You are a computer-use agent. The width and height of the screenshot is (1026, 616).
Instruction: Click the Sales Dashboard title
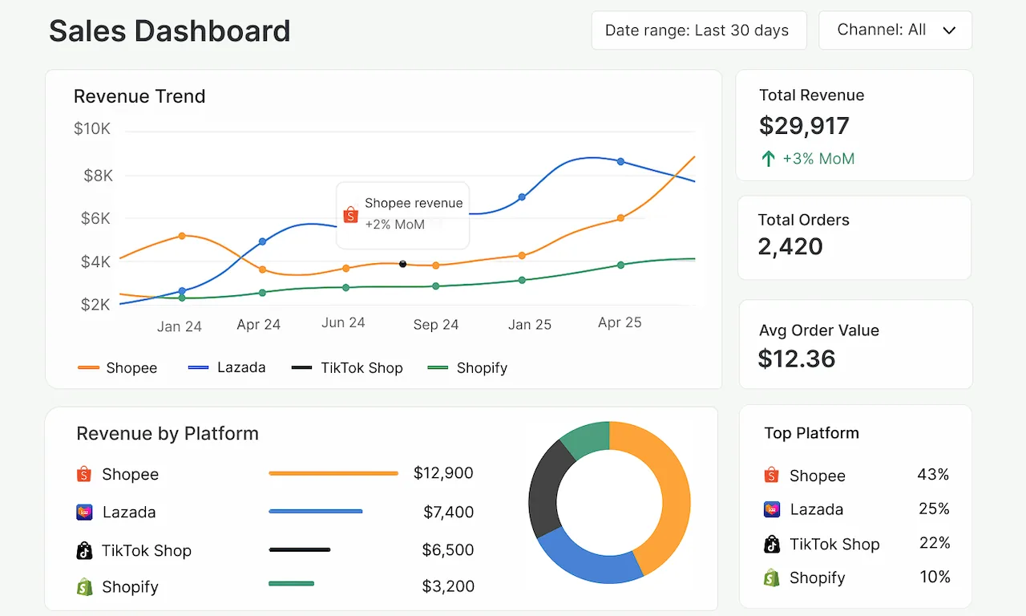click(x=169, y=31)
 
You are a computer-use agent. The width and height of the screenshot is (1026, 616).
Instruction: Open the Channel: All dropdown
click(x=895, y=30)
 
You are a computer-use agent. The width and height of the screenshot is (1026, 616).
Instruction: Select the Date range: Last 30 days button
click(x=697, y=30)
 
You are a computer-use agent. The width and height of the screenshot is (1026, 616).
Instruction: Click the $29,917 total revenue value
click(x=804, y=126)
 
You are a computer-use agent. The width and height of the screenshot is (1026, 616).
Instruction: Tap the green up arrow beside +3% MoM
click(x=768, y=159)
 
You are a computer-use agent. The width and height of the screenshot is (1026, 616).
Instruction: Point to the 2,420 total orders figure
click(x=790, y=246)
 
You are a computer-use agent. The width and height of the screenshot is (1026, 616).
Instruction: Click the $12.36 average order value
click(x=797, y=359)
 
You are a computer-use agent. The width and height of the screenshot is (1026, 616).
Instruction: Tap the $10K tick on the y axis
click(x=92, y=129)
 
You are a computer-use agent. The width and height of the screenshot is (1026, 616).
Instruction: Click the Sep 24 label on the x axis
click(x=436, y=325)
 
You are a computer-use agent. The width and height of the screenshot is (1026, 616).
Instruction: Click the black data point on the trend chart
click(x=402, y=264)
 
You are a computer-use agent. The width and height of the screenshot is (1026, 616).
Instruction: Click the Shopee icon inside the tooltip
click(x=350, y=215)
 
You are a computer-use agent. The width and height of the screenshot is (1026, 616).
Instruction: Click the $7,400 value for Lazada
click(x=448, y=512)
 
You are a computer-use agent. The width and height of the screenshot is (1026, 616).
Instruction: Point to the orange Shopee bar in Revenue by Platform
click(x=333, y=474)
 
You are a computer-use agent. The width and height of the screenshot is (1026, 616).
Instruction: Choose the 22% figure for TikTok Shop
click(x=934, y=543)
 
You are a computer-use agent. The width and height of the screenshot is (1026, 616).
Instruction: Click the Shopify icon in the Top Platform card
click(x=771, y=577)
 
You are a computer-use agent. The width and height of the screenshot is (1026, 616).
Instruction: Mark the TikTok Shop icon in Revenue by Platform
click(x=84, y=551)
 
